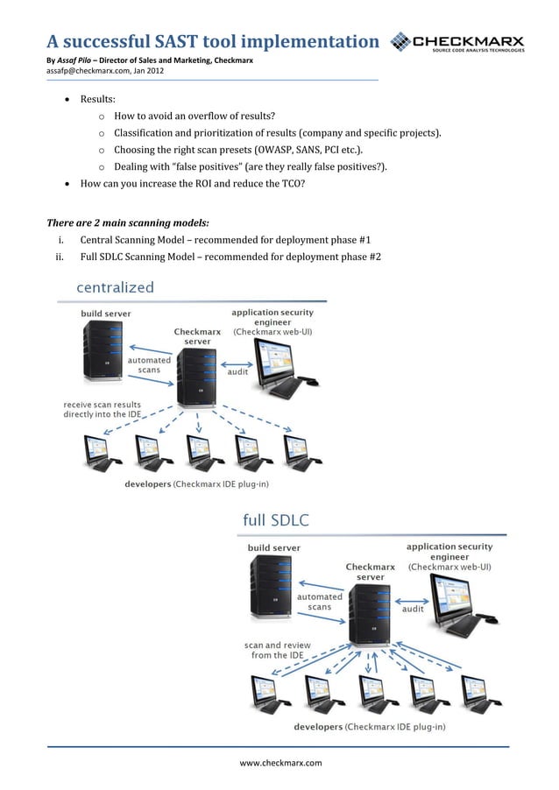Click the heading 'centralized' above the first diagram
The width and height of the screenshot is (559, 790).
116,287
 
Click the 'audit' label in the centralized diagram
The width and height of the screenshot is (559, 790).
237,371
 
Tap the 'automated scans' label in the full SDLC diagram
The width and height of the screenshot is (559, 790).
319,602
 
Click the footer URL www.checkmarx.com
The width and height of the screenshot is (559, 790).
280,763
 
